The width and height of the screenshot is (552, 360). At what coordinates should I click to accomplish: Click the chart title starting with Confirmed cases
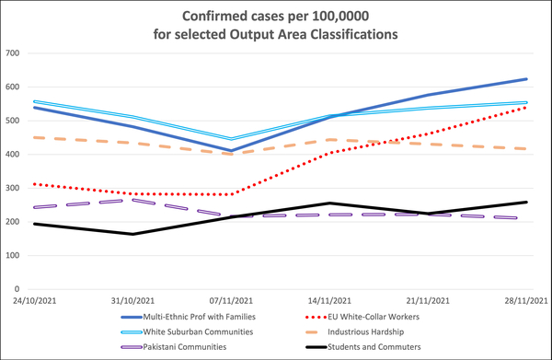276,26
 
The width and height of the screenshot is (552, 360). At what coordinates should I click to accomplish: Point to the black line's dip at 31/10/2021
133,234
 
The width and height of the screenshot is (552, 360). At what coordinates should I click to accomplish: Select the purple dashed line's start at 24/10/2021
34,207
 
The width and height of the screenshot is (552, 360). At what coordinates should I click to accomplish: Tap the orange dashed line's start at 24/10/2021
34,137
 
